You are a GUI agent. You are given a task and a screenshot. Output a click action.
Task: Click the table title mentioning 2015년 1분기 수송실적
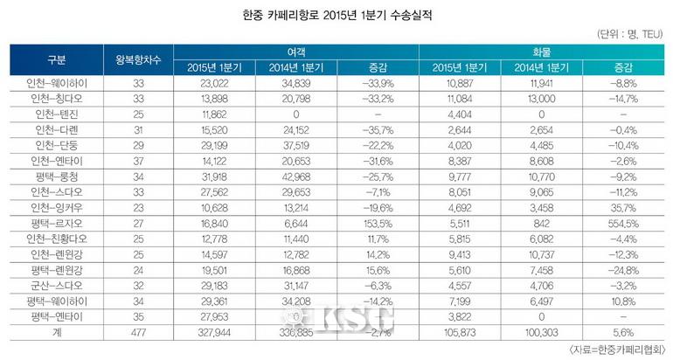pyautogui.click(x=336, y=15)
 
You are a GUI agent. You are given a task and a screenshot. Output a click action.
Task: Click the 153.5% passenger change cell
pyautogui.click(x=378, y=223)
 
